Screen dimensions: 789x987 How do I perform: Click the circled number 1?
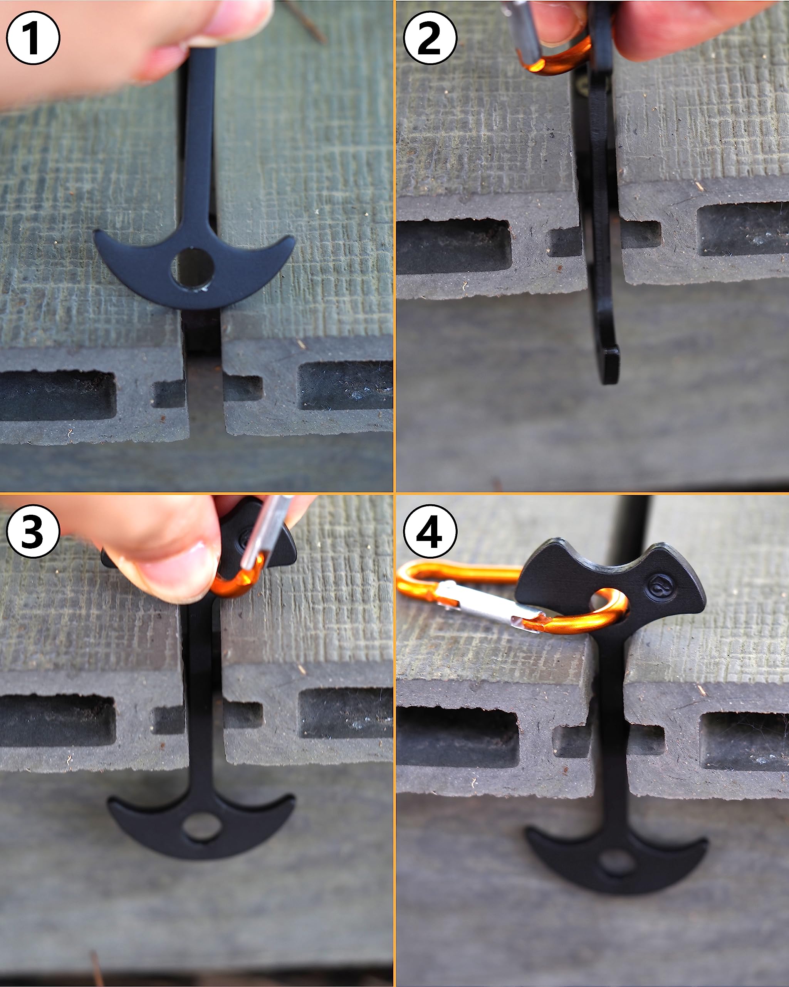[33, 37]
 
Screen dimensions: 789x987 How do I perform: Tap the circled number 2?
[430, 37]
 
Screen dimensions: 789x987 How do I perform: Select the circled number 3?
[33, 531]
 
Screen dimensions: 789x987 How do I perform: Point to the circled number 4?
[430, 531]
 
